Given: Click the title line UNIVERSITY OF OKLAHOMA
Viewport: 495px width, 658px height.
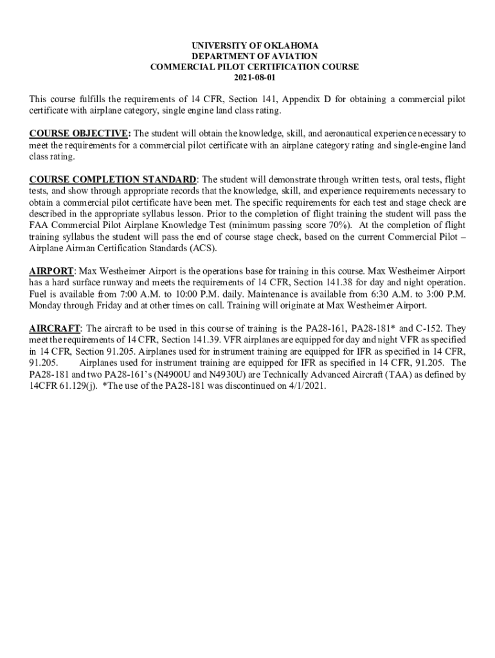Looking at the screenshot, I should [x=248, y=46].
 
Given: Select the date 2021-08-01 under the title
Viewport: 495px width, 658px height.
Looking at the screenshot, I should [x=248, y=77].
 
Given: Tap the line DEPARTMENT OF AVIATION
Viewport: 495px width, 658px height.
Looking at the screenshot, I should [x=248, y=57].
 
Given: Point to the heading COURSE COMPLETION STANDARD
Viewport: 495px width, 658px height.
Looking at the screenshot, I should [x=113, y=179].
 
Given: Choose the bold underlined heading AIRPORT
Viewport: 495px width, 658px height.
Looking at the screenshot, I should [x=51, y=272].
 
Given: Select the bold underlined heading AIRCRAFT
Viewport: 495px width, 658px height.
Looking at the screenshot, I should [x=55, y=328].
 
